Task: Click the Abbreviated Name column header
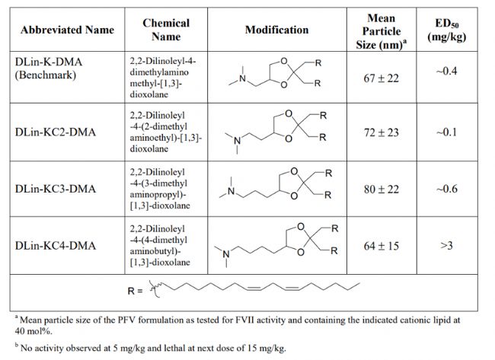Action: coord(67,30)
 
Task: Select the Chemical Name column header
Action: coord(166,30)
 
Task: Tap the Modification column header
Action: coord(277,30)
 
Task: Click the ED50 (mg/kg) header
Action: coord(447,30)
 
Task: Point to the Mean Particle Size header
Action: coord(382,31)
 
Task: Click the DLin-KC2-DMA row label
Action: coord(56,132)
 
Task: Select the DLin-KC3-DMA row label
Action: coord(56,189)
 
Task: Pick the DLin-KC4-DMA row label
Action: coord(56,246)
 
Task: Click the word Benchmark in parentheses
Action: coord(46,75)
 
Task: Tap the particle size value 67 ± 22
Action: coord(381,78)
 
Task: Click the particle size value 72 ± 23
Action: coord(381,132)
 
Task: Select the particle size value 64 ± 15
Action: coord(381,246)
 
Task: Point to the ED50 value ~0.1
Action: coord(446,132)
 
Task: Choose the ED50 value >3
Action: coord(446,245)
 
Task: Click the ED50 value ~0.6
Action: coord(446,189)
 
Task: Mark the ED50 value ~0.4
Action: coord(446,71)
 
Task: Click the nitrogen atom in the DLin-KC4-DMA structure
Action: coord(226,254)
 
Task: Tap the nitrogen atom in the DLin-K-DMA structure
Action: coord(242,78)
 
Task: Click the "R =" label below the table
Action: coord(135,291)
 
